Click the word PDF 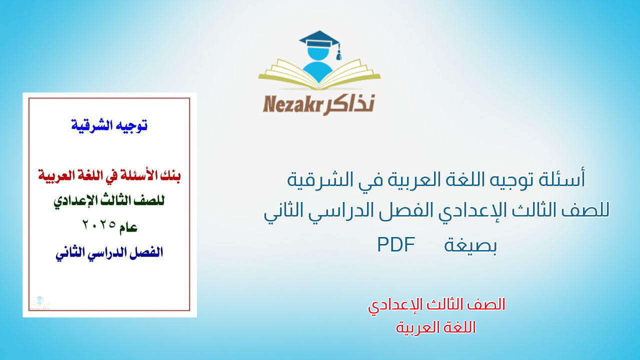396,244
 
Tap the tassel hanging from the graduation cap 338,52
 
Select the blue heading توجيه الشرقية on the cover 109,125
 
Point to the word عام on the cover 127,227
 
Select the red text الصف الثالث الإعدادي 436,304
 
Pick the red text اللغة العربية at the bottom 436,327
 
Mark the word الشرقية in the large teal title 315,179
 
